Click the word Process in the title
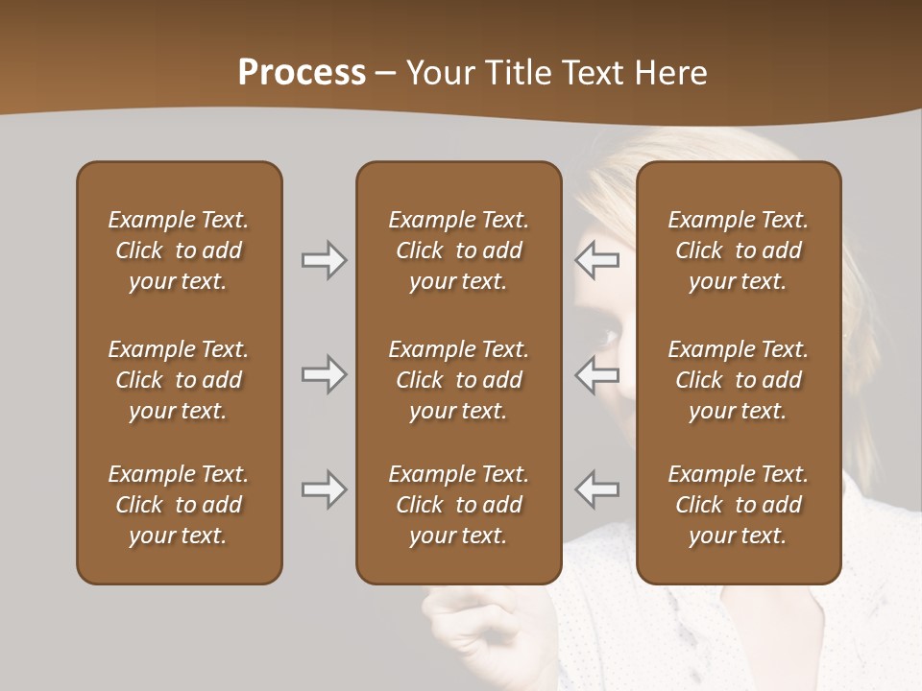click(302, 73)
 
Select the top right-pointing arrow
click(324, 260)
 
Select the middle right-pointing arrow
click(324, 374)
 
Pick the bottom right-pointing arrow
click(324, 489)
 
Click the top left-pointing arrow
click(596, 260)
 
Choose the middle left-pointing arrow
click(596, 374)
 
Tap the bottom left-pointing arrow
click(596, 489)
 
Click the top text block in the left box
click(179, 250)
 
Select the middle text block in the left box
click(179, 380)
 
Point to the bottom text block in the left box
click(179, 505)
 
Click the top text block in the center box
click(458, 250)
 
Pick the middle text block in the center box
click(458, 380)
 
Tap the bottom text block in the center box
click(458, 505)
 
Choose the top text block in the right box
click(738, 250)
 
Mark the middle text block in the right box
click(738, 380)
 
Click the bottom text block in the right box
click(738, 505)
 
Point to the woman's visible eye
click(606, 337)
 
